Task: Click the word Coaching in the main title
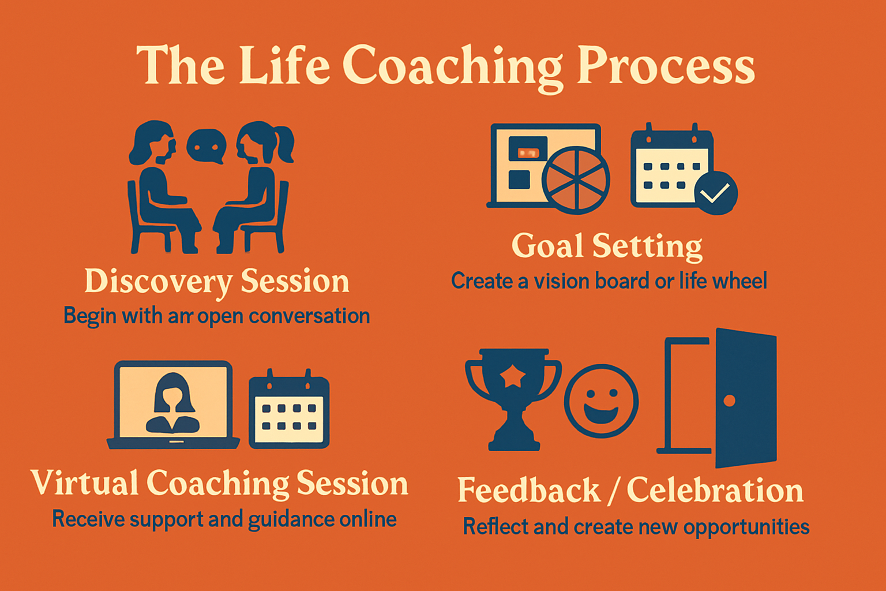452,68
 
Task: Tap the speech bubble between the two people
207,146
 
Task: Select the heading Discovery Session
217,282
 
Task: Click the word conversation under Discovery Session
309,316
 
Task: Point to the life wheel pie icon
576,179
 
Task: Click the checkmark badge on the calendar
715,193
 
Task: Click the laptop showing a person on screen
173,405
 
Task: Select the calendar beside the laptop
289,409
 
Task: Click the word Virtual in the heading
85,482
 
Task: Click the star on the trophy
513,375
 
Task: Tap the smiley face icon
601,401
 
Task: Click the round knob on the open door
729,401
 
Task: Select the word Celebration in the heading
715,490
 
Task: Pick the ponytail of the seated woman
284,144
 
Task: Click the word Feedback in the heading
529,490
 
